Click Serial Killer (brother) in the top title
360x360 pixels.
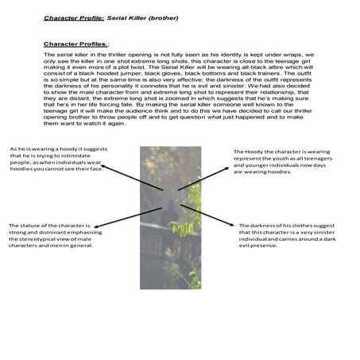pyautogui.click(x=137, y=16)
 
